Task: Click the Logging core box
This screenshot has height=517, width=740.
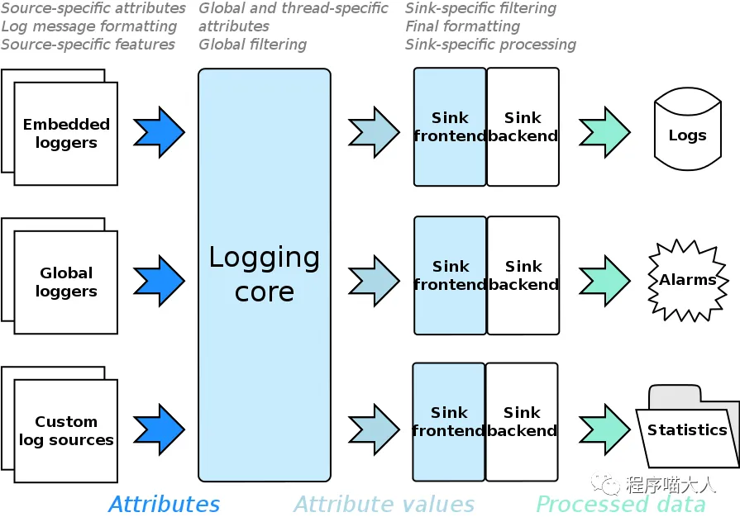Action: click(265, 274)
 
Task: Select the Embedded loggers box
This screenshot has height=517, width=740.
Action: click(65, 133)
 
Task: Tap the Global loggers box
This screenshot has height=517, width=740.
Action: click(65, 282)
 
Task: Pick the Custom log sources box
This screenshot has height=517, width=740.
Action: click(65, 430)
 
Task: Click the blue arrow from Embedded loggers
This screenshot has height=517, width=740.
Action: click(159, 132)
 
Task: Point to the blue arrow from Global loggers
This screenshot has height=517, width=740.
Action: click(159, 281)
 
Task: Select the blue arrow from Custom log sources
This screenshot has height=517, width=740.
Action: click(159, 429)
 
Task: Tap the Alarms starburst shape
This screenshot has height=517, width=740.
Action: click(687, 280)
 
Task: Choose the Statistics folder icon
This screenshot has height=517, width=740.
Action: click(687, 429)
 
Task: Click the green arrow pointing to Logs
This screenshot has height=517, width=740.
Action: click(604, 132)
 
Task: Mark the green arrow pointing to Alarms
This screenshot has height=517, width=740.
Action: click(604, 281)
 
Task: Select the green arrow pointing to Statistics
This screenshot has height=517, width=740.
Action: click(604, 429)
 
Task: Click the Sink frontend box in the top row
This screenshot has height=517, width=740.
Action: click(450, 126)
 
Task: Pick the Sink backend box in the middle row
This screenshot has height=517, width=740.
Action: click(523, 275)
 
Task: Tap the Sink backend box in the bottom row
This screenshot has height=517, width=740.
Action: click(522, 421)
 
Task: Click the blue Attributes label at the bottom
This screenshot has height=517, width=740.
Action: click(164, 504)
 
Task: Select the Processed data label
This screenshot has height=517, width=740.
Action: click(621, 504)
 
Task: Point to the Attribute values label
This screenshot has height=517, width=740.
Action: click(384, 504)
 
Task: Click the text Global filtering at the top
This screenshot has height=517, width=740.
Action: click(252, 45)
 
